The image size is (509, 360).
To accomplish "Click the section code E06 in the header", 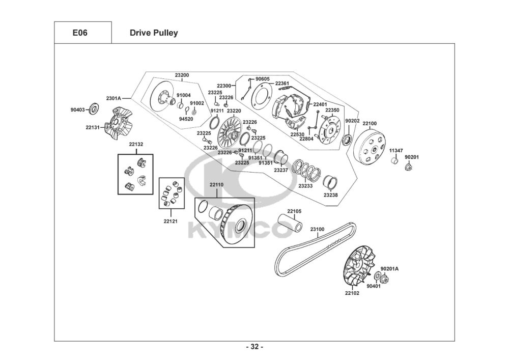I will point(80,33).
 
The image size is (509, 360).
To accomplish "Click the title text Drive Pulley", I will point(154,33).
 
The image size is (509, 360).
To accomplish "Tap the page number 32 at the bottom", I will point(254,347).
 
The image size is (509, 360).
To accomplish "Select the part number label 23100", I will point(317,229).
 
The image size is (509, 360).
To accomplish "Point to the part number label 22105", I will point(294,211).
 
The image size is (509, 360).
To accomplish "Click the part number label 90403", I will point(78,108).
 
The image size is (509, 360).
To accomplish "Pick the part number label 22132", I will point(136,144).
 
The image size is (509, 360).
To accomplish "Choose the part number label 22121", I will point(171,221).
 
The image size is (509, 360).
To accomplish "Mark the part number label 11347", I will point(396,151).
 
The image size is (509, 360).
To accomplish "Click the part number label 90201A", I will point(390,268).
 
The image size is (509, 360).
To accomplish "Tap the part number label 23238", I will point(330,195).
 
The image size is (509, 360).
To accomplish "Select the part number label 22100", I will point(370,123).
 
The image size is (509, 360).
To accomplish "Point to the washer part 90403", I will point(94,108).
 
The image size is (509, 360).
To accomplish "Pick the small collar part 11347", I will point(393,161).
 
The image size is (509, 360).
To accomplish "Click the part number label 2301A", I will point(114,98).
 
